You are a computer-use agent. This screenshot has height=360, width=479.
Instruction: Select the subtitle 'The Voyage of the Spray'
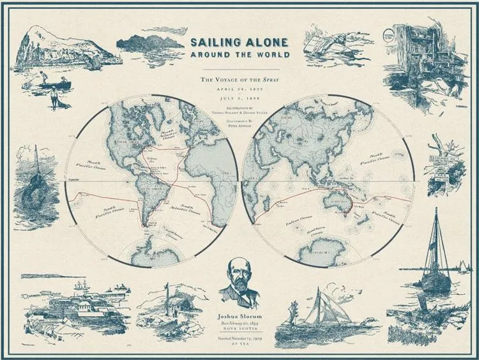tap(240, 79)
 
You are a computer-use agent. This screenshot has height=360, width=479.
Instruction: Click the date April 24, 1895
tap(240, 90)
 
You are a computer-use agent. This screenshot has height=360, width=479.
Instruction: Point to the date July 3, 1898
tap(240, 100)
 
